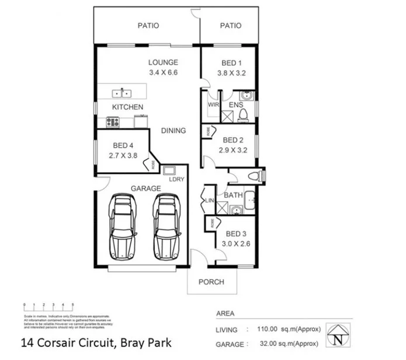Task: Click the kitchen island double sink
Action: [122, 92]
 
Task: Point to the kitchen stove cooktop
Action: [112, 122]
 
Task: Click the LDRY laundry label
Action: [176, 179]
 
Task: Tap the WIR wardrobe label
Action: [213, 105]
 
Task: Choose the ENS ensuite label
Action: [236, 105]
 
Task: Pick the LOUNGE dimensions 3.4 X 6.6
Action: [162, 73]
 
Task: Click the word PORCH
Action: [211, 282]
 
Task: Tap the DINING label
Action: [173, 131]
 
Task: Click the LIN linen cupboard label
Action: [210, 201]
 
